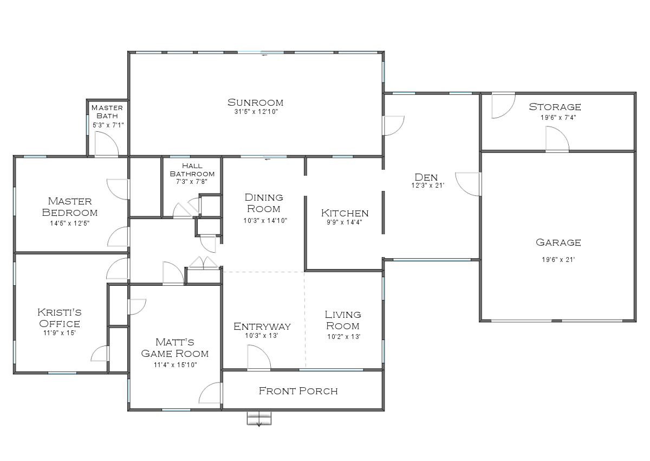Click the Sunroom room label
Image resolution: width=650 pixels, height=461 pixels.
pos(256,102)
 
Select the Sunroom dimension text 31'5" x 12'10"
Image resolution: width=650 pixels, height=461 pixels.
pos(256,112)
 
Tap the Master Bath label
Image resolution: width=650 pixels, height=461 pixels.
pos(107,112)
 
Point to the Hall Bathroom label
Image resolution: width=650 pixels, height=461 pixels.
pos(192,170)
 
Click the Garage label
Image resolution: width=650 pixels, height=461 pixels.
pos(558,242)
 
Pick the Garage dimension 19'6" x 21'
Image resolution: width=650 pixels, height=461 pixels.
pos(558,259)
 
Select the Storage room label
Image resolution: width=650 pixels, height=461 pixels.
pos(555,106)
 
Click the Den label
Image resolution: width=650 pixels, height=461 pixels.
pos(426,177)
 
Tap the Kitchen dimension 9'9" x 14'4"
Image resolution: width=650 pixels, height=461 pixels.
pos(344,222)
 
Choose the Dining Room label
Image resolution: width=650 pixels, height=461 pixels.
pos(264,203)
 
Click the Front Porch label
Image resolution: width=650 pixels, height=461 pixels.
pos(298,390)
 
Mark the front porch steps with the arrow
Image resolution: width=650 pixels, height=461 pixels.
pos(259,419)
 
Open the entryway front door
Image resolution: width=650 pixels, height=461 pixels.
pos(258,358)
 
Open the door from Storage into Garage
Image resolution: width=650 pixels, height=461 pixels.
pos(557,139)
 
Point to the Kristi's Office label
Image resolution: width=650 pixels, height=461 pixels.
pos(60,318)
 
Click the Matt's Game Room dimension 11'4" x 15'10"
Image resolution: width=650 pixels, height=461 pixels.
pos(175,365)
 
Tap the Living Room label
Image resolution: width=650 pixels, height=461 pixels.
pos(343,319)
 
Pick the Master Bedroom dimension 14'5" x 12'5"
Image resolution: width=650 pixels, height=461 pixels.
pos(70,223)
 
